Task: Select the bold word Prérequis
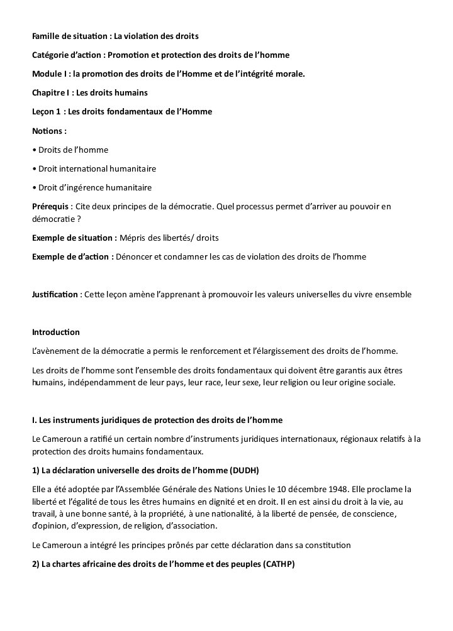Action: click(50, 206)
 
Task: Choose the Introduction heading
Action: click(56, 332)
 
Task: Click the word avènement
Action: click(61, 351)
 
